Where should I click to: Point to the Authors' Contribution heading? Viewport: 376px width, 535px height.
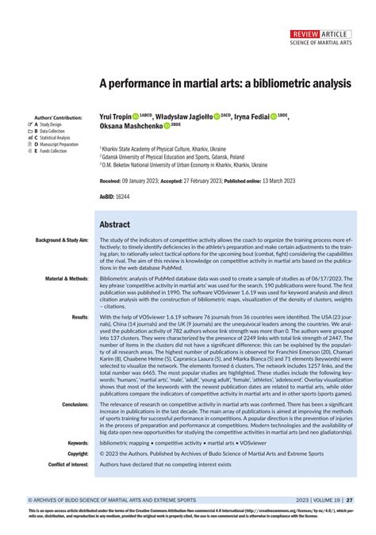point(56,117)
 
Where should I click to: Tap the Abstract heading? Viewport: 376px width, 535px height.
point(117,224)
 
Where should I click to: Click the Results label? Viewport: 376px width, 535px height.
point(80,317)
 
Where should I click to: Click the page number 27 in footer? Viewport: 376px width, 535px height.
point(350,501)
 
